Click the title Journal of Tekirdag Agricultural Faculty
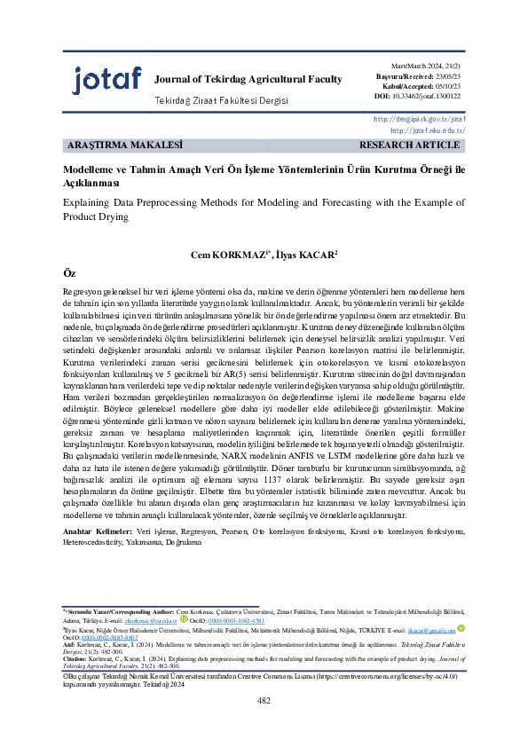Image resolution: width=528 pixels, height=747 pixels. pyautogui.click(x=248, y=79)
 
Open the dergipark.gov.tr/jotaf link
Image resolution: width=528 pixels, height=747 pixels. pyautogui.click(x=420, y=119)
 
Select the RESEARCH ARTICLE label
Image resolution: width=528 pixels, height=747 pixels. pyautogui.click(x=409, y=144)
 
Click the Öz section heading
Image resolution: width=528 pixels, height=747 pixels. pyautogui.click(x=69, y=274)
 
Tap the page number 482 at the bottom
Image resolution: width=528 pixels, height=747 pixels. pyautogui.click(x=264, y=725)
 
